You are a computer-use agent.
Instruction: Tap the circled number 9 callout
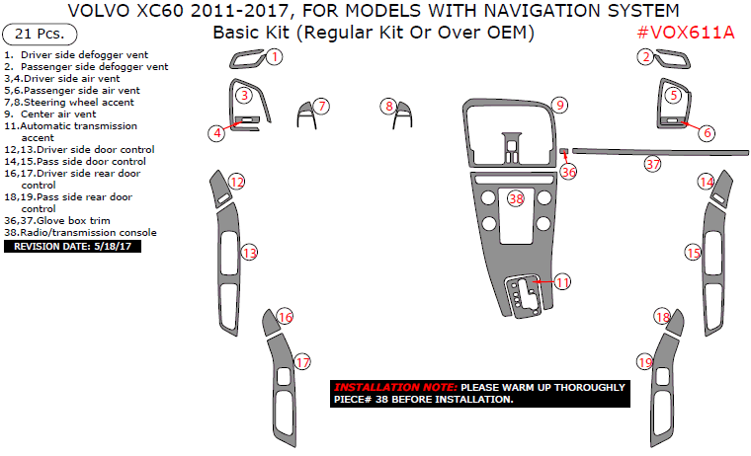(x=559, y=105)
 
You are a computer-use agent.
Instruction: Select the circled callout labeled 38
(x=515, y=198)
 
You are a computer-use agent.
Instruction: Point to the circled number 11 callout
(x=561, y=282)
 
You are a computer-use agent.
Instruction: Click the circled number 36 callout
(x=568, y=171)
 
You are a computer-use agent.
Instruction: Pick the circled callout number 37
(x=652, y=164)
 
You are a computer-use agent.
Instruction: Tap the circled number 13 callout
(x=250, y=254)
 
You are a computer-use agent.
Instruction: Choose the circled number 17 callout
(x=302, y=361)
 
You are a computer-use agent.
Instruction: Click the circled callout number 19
(x=645, y=362)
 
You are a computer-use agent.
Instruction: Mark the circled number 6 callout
(x=707, y=132)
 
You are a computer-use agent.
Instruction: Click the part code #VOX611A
(x=686, y=33)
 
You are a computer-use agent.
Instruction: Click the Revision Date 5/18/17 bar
(x=74, y=246)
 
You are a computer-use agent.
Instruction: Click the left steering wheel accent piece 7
(x=306, y=115)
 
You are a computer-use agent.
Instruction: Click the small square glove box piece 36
(x=563, y=152)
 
